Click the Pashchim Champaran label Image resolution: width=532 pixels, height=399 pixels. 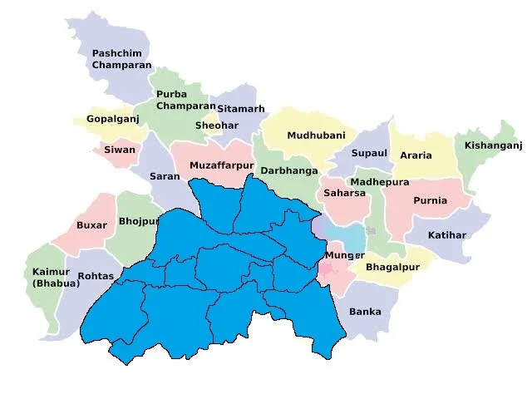[x=121, y=58]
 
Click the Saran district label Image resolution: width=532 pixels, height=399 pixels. [x=164, y=176]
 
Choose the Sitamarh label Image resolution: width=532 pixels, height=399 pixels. [x=241, y=109]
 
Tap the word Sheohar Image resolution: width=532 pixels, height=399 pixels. [x=216, y=126]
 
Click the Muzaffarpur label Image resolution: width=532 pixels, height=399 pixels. [x=221, y=165]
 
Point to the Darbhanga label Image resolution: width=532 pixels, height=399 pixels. [x=289, y=170]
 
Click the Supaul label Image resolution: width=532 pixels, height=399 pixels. [x=369, y=153]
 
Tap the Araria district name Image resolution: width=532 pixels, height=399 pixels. [x=416, y=155]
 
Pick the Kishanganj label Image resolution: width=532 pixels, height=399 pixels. [x=493, y=145]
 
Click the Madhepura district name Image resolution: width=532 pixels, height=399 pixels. [x=380, y=181]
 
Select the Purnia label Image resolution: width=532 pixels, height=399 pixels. [x=430, y=200]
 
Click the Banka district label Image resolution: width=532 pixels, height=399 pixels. [x=365, y=312]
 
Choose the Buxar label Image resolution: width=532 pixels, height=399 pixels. [x=91, y=225]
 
